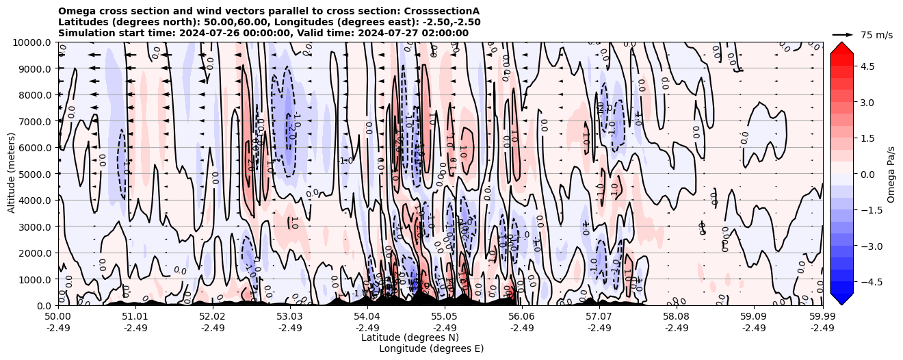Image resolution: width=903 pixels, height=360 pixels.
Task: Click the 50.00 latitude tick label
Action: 58,317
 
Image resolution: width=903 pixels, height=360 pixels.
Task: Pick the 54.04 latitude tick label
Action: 367,317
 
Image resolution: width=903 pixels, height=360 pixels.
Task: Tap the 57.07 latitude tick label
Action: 599,317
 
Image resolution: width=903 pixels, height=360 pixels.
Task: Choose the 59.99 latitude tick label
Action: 822,317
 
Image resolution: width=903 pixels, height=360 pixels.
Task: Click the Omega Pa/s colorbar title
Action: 891,174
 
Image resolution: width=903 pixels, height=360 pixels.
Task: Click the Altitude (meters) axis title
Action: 12,174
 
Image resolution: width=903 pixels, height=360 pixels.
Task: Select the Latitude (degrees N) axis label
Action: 410,337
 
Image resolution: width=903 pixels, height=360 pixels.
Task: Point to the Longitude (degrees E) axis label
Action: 431,348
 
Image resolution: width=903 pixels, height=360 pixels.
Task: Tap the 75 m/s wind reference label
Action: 876,35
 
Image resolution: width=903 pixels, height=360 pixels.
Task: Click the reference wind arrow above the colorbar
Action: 842,34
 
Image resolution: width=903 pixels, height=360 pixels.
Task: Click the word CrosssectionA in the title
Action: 444,11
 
